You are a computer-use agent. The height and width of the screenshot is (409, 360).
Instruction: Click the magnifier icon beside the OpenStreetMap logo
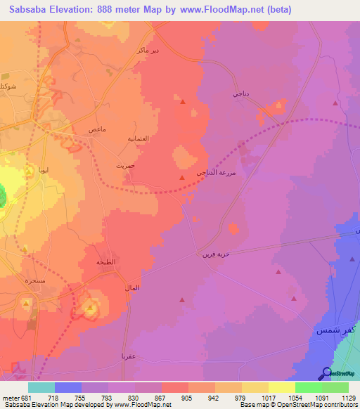[326, 373]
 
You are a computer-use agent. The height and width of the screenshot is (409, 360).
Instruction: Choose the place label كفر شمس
[329, 329]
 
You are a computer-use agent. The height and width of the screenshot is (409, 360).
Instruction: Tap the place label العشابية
[136, 139]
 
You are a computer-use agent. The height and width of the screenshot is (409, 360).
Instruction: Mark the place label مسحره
[36, 279]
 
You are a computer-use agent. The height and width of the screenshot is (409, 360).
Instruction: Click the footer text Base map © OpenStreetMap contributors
[299, 404]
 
